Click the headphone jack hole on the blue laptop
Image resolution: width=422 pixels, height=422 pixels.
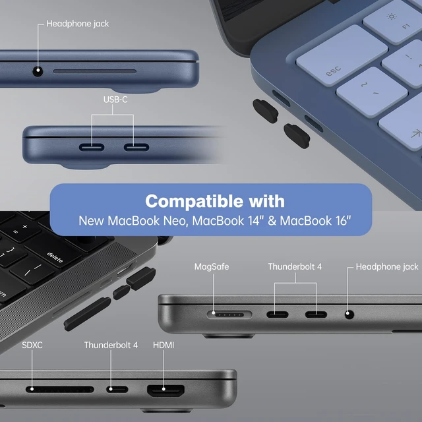pos(38,71)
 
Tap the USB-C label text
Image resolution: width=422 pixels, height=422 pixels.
pos(115,100)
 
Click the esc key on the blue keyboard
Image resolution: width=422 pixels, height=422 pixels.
pos(342,55)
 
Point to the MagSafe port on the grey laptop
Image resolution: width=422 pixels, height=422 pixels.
pos(229,315)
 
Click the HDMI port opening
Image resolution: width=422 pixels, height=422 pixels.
pos(166,390)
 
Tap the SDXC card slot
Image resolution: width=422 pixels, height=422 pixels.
pos(60,389)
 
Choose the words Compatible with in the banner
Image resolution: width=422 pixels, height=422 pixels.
pos(215,201)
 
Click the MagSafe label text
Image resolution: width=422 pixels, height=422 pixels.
pos(212,266)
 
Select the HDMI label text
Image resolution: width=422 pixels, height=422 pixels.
pos(164,345)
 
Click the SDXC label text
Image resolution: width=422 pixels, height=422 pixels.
pos(32,345)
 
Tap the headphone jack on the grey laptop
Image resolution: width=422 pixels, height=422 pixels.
pos(349,314)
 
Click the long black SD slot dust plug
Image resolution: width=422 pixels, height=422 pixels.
pos(88,314)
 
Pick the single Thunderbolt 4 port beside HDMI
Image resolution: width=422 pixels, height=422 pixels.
pos(117,389)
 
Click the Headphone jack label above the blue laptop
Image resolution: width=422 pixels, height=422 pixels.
pos(78,24)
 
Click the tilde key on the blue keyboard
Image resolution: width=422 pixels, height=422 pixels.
pos(371,92)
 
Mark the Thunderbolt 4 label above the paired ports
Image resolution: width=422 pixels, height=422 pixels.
pos(295,266)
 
